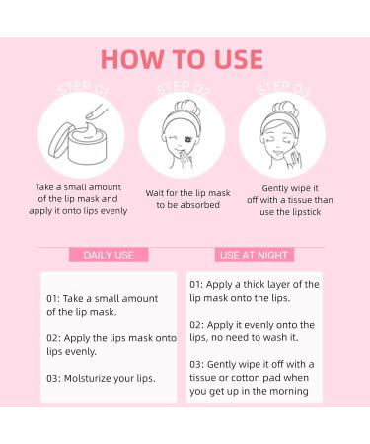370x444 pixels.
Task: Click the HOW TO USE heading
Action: pos(182,59)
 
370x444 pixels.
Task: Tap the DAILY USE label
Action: pos(109,255)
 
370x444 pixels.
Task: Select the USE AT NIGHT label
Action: pos(254,255)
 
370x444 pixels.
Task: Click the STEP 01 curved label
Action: pos(82,88)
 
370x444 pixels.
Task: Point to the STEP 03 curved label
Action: pos(283,88)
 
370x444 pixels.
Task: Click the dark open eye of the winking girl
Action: pos(188,140)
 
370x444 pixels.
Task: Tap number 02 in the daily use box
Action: pos(53,338)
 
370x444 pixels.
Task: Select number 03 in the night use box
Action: pos(196,365)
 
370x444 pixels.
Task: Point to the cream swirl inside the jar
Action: pos(86,131)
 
